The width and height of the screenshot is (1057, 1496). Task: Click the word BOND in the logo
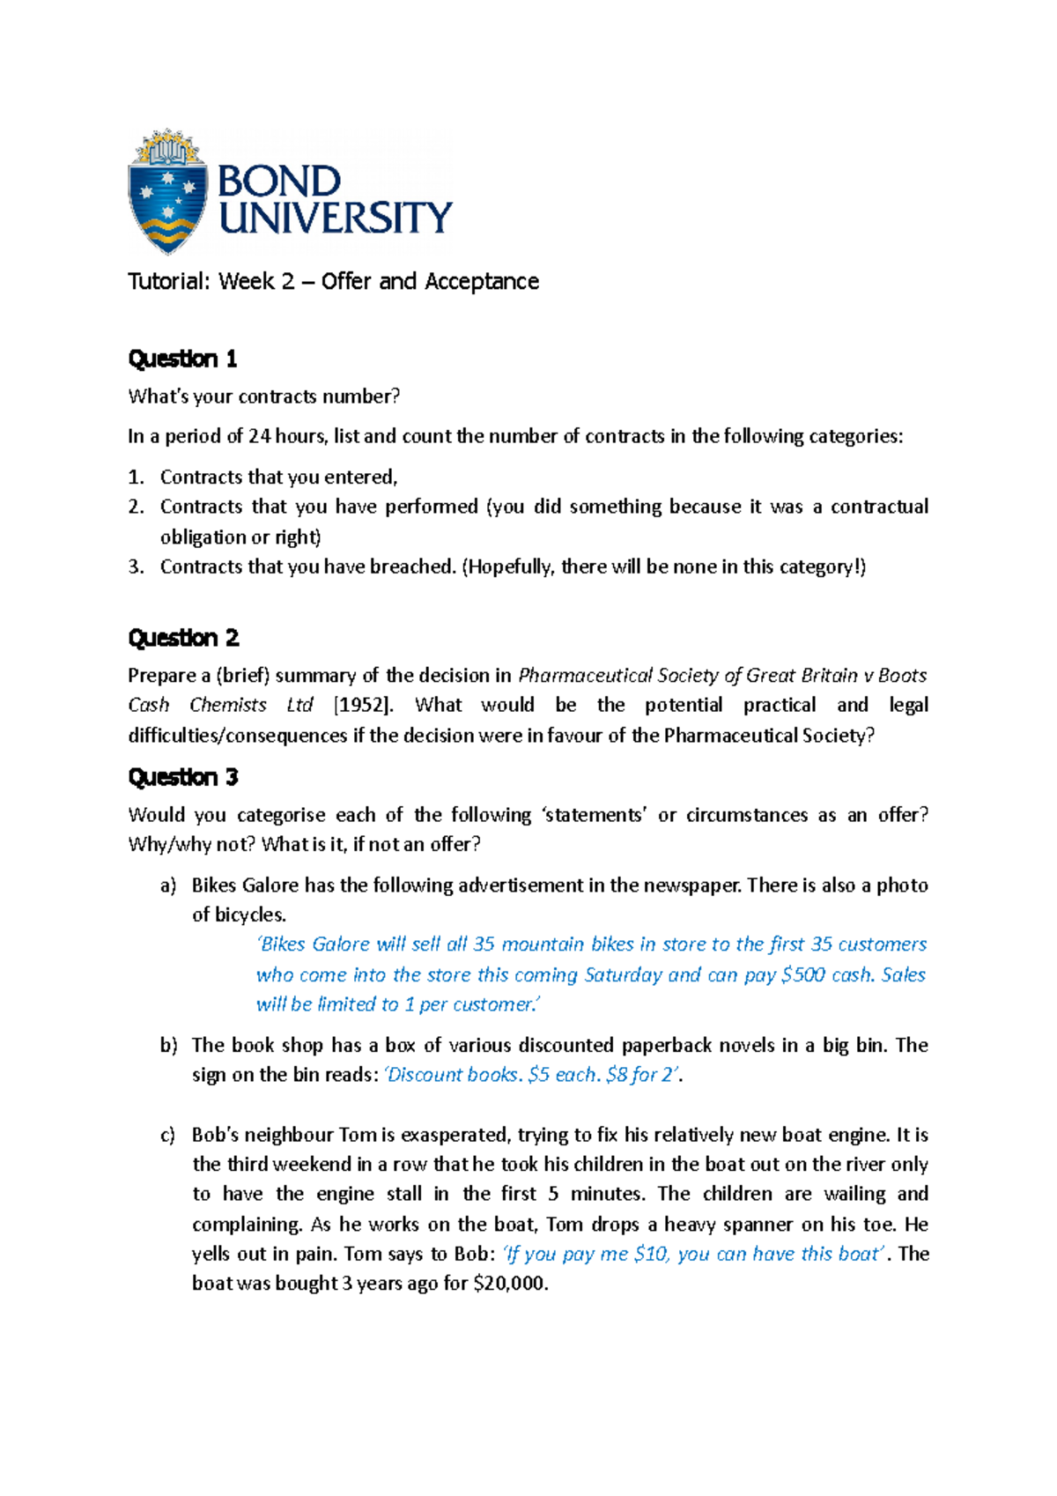(x=278, y=181)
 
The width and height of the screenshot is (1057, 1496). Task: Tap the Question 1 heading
(x=182, y=359)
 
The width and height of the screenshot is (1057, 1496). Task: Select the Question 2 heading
(x=183, y=637)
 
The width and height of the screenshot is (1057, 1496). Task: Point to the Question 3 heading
(x=183, y=776)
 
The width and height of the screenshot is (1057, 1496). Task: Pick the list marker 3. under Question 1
(x=136, y=567)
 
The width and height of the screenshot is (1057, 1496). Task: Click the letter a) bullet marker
(x=168, y=885)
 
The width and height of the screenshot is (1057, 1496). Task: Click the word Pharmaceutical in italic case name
(x=584, y=676)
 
